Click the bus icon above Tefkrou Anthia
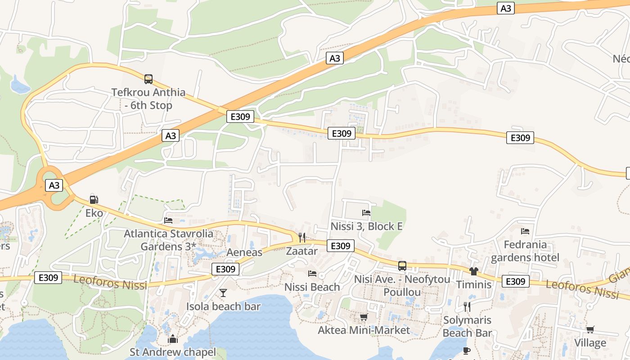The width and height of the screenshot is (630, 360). (x=148, y=79)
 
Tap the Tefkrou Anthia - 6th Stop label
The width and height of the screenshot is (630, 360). (x=148, y=99)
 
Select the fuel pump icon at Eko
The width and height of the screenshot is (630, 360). (x=94, y=200)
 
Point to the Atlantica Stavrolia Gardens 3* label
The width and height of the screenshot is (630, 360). (x=169, y=240)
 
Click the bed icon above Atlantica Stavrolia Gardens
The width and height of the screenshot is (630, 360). (x=168, y=220)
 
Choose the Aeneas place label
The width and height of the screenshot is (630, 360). (x=244, y=252)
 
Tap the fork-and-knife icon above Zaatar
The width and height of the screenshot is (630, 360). (x=302, y=238)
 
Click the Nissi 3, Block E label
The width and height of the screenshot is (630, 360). (x=366, y=226)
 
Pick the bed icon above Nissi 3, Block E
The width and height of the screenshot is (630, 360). (x=366, y=213)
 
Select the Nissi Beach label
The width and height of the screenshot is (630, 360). (x=312, y=287)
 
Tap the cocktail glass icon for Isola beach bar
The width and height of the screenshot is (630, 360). (x=223, y=293)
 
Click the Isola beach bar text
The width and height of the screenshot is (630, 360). (x=223, y=307)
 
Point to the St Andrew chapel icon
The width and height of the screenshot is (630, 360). (x=173, y=339)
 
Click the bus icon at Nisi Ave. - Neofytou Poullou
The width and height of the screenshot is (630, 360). (x=402, y=266)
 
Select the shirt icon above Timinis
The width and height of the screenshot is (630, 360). (x=473, y=271)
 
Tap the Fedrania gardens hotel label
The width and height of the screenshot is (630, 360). (x=525, y=251)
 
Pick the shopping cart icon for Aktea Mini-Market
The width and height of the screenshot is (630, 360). (x=364, y=317)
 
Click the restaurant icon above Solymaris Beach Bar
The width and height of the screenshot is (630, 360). (x=467, y=307)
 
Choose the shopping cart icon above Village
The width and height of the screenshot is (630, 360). (x=590, y=330)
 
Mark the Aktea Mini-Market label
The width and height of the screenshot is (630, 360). (x=364, y=330)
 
